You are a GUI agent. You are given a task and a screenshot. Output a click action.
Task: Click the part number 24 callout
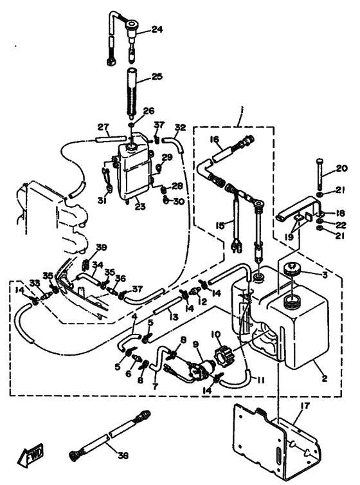157,30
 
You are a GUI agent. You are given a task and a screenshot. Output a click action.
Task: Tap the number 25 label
157,77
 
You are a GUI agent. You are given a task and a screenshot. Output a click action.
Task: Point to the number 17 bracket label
305,406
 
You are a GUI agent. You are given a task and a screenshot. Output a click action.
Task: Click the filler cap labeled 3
292,267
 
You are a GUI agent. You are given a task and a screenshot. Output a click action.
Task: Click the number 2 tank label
324,378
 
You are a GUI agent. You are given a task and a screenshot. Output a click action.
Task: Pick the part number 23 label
140,206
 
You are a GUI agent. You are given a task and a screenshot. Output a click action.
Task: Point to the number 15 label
220,225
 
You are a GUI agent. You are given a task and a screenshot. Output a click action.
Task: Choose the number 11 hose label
260,380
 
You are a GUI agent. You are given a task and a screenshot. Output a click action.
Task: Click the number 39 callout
102,248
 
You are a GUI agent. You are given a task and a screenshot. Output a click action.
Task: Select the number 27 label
104,127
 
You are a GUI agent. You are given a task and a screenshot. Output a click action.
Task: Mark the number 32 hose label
180,127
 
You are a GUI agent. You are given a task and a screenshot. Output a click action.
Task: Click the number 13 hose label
174,317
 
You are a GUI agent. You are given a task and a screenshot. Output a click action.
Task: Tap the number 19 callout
288,237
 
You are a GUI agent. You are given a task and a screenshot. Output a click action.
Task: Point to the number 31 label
102,201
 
